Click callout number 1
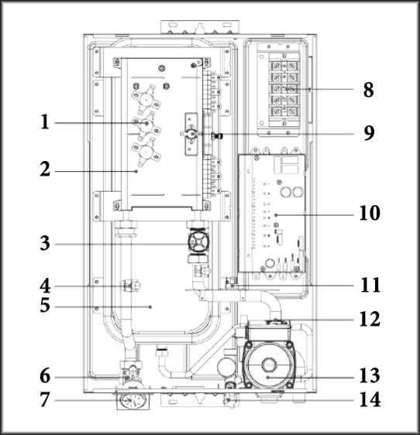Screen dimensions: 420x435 pos(45,122)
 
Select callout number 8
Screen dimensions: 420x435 pos(368,90)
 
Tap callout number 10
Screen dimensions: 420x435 pos(370,214)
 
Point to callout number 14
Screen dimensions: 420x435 pos(370,399)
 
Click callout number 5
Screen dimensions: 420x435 pos(45,306)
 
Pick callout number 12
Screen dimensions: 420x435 pos(370,320)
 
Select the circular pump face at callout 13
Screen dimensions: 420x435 pos(268,365)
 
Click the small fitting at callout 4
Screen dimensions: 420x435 pos(131,286)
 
